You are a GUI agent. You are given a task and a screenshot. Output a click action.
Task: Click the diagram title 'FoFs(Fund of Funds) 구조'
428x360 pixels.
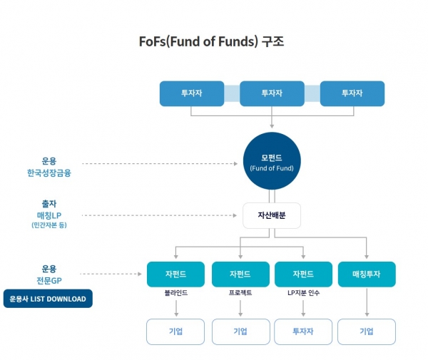[x=212, y=42]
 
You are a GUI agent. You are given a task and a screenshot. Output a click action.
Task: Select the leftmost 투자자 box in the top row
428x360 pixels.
[x=192, y=93]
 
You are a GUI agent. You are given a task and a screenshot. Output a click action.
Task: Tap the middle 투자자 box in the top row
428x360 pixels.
[x=272, y=93]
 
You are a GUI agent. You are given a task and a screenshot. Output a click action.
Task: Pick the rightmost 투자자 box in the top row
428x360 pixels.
[x=352, y=93]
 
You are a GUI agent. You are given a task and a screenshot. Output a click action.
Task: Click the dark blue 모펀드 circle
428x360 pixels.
[x=272, y=161]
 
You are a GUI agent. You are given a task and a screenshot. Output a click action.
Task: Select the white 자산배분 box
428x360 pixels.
[x=272, y=215]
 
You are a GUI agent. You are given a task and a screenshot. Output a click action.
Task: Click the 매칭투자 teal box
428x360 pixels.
[x=367, y=274]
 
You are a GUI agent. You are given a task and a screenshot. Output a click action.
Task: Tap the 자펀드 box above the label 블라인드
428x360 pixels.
[x=175, y=274]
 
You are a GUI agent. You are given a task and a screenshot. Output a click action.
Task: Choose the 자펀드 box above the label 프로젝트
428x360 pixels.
[x=240, y=274]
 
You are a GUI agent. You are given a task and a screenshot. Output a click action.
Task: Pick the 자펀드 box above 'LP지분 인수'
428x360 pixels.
[x=303, y=274]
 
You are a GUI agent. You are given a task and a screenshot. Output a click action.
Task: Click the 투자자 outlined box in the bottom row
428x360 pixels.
[x=303, y=331]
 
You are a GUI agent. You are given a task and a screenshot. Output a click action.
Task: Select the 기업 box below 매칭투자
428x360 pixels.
[x=367, y=331]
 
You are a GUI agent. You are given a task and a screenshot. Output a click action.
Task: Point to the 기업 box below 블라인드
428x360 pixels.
[x=175, y=331]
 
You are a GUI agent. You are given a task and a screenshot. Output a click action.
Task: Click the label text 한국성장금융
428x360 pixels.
[x=49, y=173]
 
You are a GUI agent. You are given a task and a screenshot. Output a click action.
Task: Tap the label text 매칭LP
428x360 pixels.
[x=49, y=215]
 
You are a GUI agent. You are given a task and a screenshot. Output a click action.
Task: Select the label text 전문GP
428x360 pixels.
[x=49, y=281]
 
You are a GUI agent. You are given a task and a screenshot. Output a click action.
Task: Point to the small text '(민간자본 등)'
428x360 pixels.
[x=49, y=225]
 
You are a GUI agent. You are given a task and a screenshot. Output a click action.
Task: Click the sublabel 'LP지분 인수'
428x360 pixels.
[x=303, y=293]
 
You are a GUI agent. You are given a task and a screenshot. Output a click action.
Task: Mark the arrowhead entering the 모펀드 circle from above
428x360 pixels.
[x=272, y=126]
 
